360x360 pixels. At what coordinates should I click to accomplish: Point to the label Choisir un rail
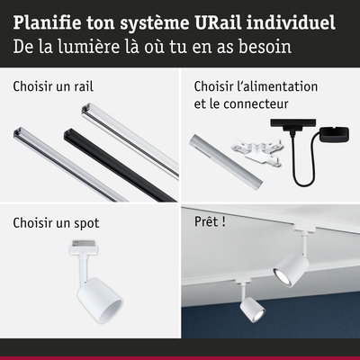53,86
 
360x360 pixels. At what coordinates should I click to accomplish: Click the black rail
120,165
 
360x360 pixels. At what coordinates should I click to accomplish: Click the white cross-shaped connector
256,152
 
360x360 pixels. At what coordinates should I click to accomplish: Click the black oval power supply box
334,134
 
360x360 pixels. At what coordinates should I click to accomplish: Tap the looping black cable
303,168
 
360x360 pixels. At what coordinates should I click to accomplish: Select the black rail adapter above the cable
293,127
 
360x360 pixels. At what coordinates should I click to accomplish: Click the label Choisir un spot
56,223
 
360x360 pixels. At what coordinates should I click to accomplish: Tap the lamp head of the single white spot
100,301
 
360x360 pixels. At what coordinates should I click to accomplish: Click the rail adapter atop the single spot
82,247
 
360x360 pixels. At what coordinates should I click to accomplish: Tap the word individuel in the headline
291,23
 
